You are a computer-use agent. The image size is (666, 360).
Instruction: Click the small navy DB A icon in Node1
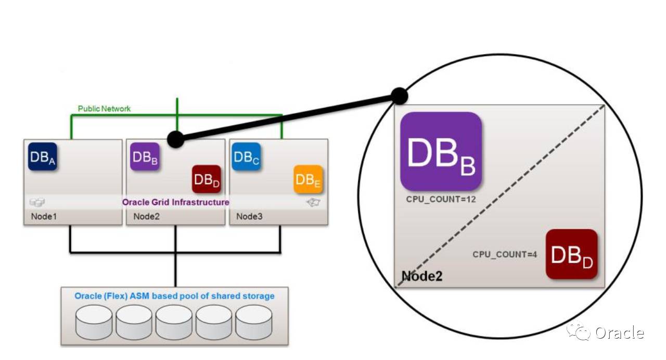42,157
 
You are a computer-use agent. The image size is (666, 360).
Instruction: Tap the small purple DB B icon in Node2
145,157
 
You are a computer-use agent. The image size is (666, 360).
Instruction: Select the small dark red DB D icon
207,179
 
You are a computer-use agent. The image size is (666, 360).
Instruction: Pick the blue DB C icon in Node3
246,157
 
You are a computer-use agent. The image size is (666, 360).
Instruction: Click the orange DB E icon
308,179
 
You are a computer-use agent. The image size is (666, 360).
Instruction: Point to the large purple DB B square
441,151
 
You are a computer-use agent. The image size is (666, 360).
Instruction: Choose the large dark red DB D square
571,254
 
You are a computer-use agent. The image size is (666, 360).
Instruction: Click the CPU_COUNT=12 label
441,199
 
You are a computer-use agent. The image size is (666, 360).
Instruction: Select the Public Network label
104,109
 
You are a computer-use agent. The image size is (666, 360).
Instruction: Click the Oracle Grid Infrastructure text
175,202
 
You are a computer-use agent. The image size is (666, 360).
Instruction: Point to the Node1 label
44,216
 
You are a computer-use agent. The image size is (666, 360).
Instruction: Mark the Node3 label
250,216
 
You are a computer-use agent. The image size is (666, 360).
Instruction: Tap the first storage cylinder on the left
94,323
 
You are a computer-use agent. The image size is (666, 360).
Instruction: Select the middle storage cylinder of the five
174,323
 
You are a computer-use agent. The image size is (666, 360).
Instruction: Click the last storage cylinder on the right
254,323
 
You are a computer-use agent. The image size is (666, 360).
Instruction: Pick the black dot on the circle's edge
399,96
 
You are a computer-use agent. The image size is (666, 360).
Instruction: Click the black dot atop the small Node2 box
175,139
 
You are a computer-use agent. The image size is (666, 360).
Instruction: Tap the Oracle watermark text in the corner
619,333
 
